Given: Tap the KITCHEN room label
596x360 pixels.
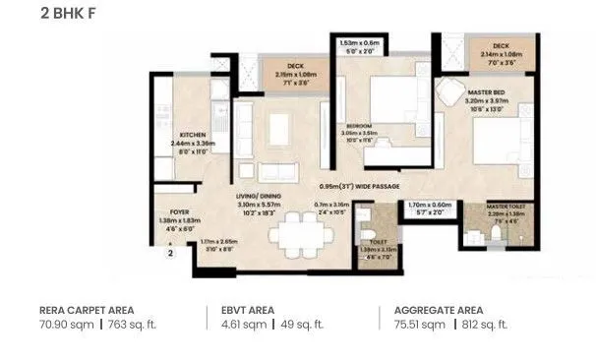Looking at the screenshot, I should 192,135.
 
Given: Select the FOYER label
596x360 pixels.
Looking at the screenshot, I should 178,210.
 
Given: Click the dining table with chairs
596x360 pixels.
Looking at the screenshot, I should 301,236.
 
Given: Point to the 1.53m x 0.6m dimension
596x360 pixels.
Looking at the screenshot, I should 358,44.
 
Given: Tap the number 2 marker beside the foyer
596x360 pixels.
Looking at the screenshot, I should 169,253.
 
